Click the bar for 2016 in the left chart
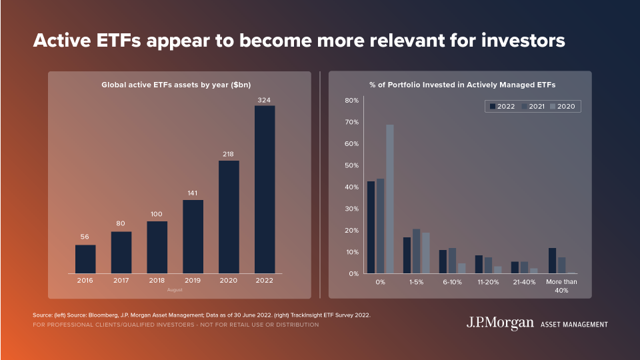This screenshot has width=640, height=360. click(85, 259)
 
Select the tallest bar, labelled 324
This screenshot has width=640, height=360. click(265, 189)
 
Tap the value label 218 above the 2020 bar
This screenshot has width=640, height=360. click(229, 154)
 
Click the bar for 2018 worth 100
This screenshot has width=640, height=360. click(157, 247)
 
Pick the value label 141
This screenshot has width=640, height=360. click(193, 193)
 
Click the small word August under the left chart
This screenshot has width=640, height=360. click(175, 290)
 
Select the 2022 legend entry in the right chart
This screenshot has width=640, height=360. click(502, 107)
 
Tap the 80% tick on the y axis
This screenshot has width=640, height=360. click(351, 101)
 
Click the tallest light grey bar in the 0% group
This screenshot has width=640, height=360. click(390, 199)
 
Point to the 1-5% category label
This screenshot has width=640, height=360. click(416, 282)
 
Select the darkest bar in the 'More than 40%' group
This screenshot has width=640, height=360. click(552, 260)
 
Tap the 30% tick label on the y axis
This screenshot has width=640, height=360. click(351, 209)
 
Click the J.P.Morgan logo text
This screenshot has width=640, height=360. click(500, 323)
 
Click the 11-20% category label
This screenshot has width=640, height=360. click(489, 282)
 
